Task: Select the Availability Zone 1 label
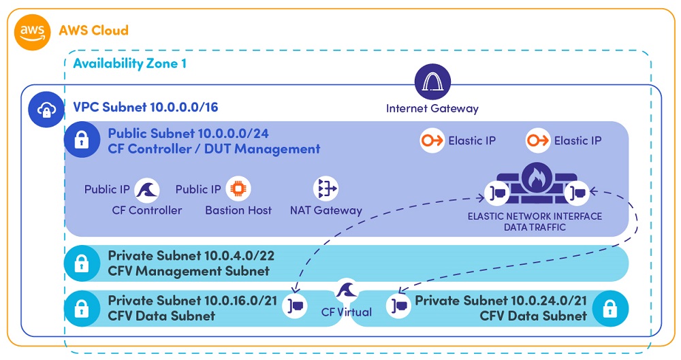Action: [x=129, y=64]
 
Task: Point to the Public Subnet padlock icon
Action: [x=81, y=140]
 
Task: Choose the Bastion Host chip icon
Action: [x=238, y=189]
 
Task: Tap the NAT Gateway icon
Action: [x=326, y=189]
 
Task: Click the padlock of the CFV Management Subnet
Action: [x=81, y=264]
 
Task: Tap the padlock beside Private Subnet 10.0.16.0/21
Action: [x=81, y=308]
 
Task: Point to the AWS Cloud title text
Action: [x=93, y=31]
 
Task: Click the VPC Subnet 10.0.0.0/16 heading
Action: [x=146, y=108]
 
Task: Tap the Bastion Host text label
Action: [x=238, y=210]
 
